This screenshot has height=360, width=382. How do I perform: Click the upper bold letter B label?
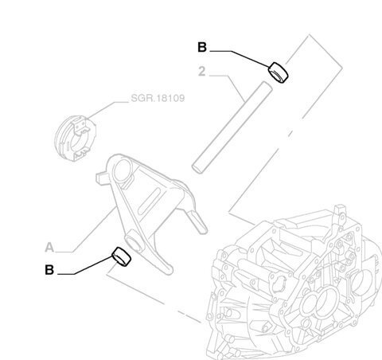(x=202, y=47)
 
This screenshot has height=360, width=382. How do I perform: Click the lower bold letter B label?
(x=49, y=270)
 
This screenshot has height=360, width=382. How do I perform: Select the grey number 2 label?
(x=202, y=72)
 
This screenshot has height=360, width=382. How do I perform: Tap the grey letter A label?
(x=49, y=248)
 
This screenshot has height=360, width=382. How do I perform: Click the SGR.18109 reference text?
(x=158, y=98)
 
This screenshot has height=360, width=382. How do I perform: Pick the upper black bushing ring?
(x=279, y=72)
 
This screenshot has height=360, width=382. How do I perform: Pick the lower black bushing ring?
(x=122, y=256)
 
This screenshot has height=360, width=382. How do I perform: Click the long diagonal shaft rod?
(x=232, y=127)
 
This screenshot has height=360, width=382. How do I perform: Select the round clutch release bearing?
(x=76, y=138)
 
